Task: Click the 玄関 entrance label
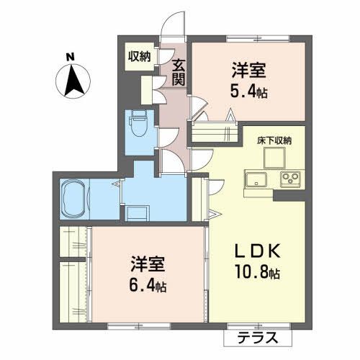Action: pos(179,72)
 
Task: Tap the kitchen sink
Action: pos(257,179)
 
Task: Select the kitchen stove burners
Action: pos(289,179)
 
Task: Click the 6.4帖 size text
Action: pos(148,286)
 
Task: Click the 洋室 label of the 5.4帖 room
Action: pos(249,71)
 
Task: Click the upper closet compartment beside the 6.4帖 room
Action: pos(72,240)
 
